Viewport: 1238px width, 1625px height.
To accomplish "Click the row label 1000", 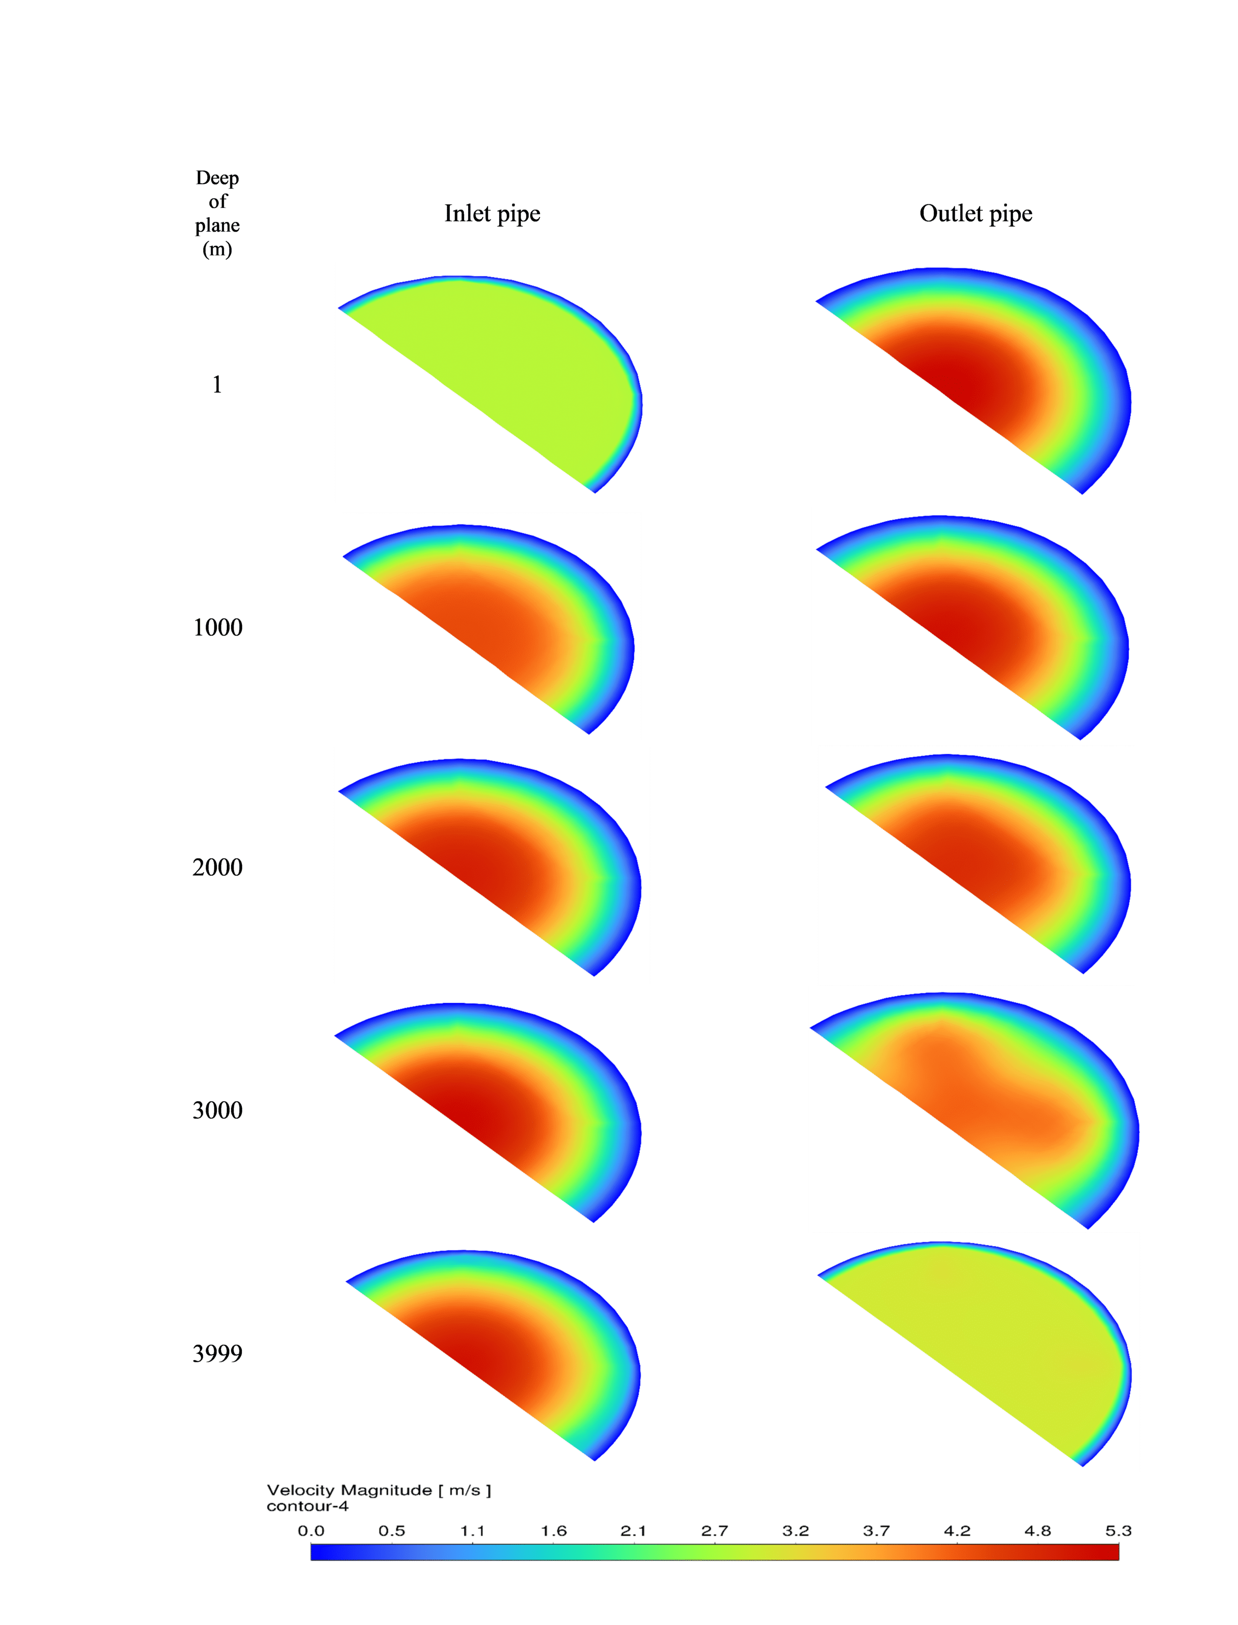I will pyautogui.click(x=218, y=627).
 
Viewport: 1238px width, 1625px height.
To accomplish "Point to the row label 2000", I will pyautogui.click(x=218, y=868).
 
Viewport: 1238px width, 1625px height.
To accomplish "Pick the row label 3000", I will pyautogui.click(x=218, y=1110).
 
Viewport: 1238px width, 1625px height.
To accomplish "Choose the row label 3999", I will pyautogui.click(x=218, y=1353).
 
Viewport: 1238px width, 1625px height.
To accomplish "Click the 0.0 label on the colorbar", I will pyautogui.click(x=311, y=1531).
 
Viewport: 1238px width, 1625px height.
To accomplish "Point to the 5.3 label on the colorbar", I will pyautogui.click(x=1118, y=1531).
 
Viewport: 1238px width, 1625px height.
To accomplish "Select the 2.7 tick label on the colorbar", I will pyautogui.click(x=715, y=1531).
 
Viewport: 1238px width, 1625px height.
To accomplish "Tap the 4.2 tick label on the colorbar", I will pyautogui.click(x=957, y=1531).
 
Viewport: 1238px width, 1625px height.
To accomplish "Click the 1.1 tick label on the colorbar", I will pyautogui.click(x=472, y=1531).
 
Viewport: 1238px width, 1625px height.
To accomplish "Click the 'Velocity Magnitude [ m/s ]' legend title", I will pyautogui.click(x=379, y=1490).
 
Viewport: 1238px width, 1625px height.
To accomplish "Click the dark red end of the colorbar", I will pyautogui.click(x=1109, y=1552).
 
